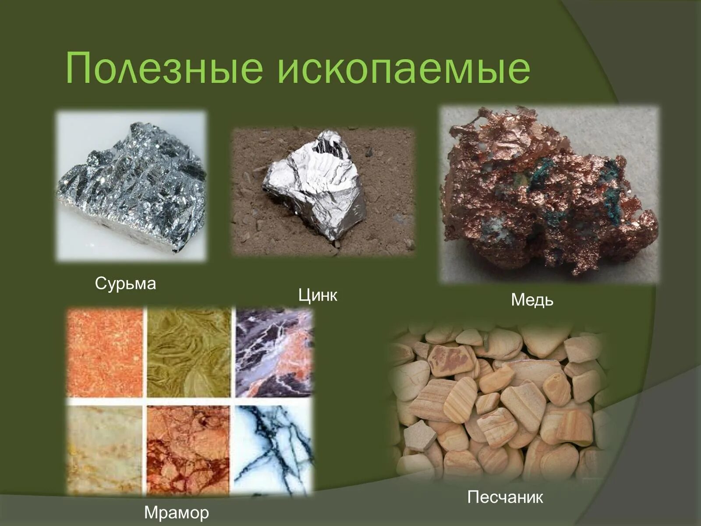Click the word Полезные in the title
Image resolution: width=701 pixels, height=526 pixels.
point(164,69)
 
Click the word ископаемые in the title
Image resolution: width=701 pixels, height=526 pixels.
point(404,69)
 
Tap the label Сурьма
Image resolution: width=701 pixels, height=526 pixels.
point(125,284)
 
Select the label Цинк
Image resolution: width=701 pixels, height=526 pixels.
point(318,295)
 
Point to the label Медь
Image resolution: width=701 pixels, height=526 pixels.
point(532,300)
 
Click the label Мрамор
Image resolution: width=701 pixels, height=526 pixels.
point(176,512)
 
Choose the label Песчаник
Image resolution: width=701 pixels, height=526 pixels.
point(505,497)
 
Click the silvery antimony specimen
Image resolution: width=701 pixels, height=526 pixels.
point(134,186)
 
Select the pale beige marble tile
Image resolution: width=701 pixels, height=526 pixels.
point(105,449)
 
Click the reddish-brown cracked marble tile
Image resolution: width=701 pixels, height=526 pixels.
point(189,449)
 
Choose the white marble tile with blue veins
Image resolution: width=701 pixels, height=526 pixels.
point(274,449)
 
